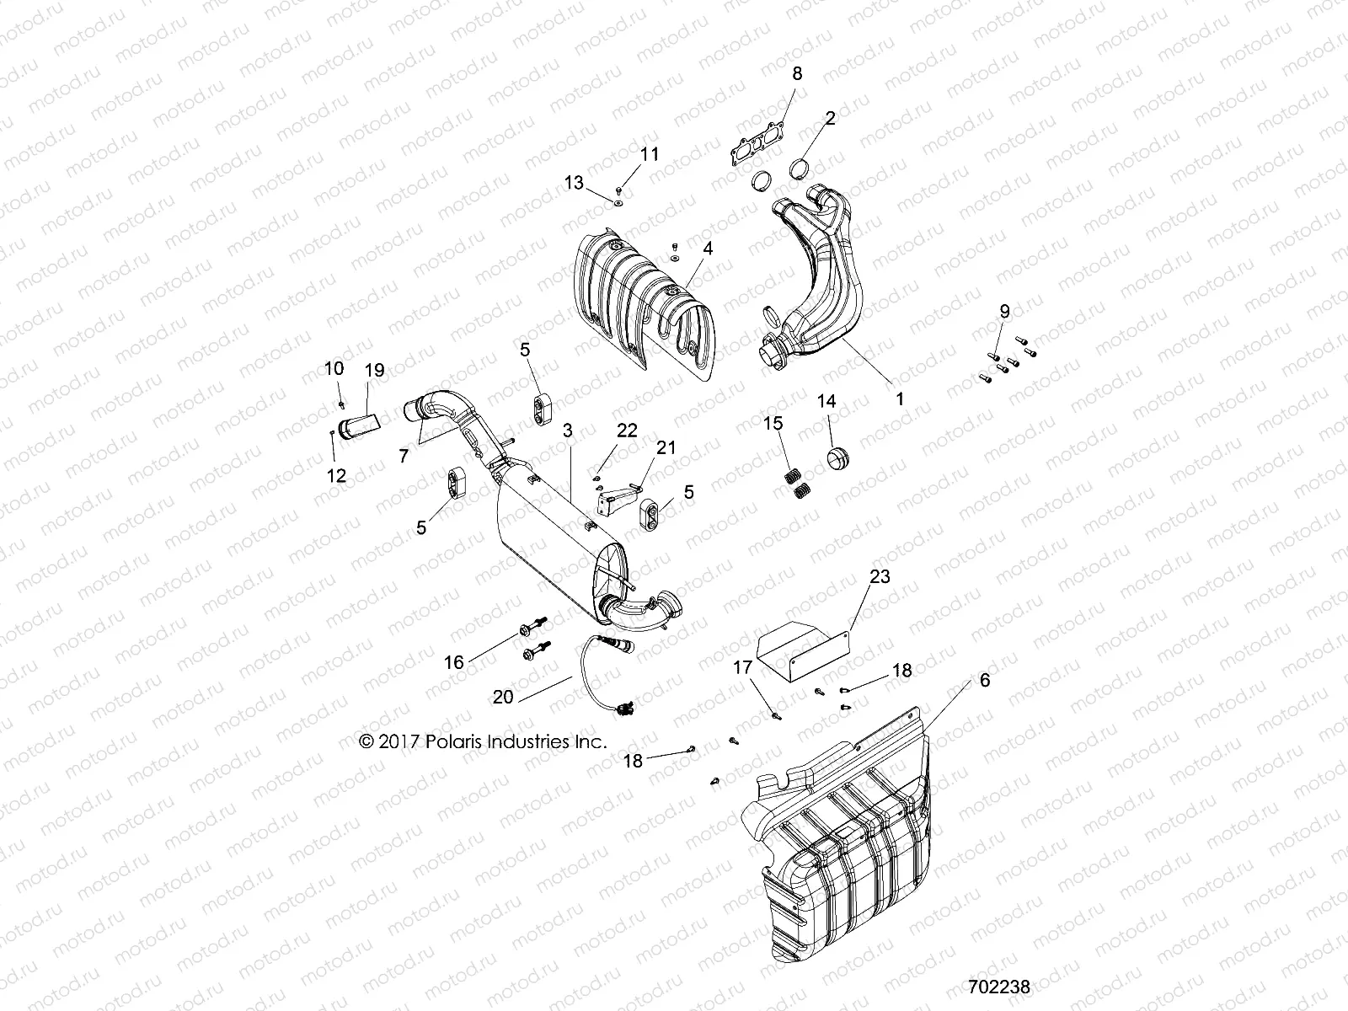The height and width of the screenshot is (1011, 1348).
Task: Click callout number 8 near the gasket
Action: point(796,74)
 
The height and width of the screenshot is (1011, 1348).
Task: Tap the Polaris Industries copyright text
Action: point(483,742)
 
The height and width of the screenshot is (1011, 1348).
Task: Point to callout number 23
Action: point(880,577)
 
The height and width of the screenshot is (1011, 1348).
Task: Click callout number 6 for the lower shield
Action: point(985,680)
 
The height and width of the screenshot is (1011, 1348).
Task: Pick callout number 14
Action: point(827,401)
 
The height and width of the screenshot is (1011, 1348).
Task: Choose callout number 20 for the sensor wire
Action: point(503,697)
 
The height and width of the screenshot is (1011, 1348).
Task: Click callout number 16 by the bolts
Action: point(454,662)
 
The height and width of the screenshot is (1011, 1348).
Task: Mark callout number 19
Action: point(374,369)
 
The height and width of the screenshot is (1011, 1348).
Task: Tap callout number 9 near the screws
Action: point(1004,311)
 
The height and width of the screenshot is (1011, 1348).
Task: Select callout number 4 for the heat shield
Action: point(708,249)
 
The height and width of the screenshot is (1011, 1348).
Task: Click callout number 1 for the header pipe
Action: point(899,399)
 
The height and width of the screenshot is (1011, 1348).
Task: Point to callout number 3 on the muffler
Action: point(568,430)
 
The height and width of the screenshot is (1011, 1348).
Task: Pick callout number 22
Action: point(627,431)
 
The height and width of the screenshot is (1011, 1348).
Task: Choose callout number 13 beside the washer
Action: point(596,183)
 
